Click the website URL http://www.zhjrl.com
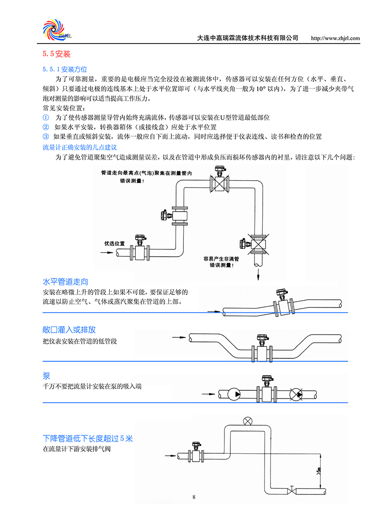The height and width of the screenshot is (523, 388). pos(335,38)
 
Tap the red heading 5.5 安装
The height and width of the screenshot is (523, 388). pos(57,54)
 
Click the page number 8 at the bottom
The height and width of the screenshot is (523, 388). pos(194,497)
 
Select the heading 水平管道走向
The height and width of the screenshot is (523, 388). pos(65,281)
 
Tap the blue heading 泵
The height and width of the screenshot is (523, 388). pos(46,376)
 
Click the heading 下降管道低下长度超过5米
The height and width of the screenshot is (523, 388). pos(88,439)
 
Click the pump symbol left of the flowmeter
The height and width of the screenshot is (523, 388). pos(236,395)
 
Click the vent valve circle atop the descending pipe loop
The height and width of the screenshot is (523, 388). pos(249,420)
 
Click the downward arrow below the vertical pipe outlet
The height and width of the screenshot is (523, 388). pos(258,274)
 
